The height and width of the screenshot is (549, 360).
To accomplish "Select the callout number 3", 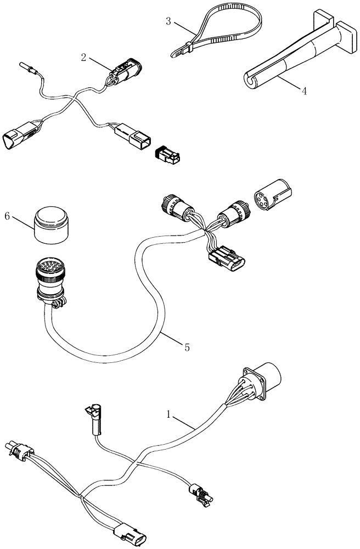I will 169,22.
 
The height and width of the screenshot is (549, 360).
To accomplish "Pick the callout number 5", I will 187,347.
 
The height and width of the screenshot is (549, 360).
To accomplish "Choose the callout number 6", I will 8,216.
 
